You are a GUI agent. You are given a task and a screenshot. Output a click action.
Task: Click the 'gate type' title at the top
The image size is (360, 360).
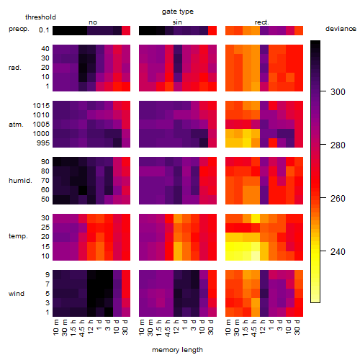(x=178, y=12)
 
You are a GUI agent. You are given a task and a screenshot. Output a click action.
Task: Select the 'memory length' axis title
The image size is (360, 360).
(x=177, y=350)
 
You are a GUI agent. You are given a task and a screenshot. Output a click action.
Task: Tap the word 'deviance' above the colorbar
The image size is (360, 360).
(x=341, y=29)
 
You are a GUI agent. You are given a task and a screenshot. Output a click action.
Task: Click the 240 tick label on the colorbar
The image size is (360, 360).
(x=338, y=251)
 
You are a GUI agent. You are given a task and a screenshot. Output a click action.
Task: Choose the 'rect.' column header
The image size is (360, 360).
(x=262, y=22)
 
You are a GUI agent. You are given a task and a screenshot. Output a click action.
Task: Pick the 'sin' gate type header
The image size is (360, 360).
(x=177, y=22)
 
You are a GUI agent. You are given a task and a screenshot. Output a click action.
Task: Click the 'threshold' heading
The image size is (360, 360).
(x=40, y=17)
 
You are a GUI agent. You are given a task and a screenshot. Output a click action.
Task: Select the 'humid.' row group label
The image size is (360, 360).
(x=20, y=181)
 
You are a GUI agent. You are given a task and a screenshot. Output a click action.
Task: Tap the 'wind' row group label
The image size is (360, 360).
(x=17, y=294)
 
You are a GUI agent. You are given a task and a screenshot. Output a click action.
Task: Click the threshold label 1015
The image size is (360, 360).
(x=41, y=106)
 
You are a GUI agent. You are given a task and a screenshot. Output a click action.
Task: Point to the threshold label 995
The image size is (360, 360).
(x=43, y=143)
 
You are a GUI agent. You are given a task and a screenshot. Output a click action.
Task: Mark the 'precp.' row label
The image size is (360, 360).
(x=19, y=29)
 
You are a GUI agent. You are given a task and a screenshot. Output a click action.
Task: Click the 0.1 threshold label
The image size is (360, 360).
(x=44, y=30)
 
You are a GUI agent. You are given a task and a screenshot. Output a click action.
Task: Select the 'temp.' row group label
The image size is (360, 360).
(x=18, y=236)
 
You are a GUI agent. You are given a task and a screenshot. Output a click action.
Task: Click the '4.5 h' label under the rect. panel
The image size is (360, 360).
(x=253, y=328)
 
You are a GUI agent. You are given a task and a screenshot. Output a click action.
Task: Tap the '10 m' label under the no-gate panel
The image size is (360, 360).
(x=55, y=328)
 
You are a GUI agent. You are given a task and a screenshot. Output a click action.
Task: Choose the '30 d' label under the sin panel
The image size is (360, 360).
(x=211, y=328)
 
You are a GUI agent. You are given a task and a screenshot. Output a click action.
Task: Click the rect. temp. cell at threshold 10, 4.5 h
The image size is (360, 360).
(x=256, y=256)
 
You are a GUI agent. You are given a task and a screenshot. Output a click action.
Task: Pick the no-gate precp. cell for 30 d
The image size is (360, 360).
(x=126, y=30)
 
